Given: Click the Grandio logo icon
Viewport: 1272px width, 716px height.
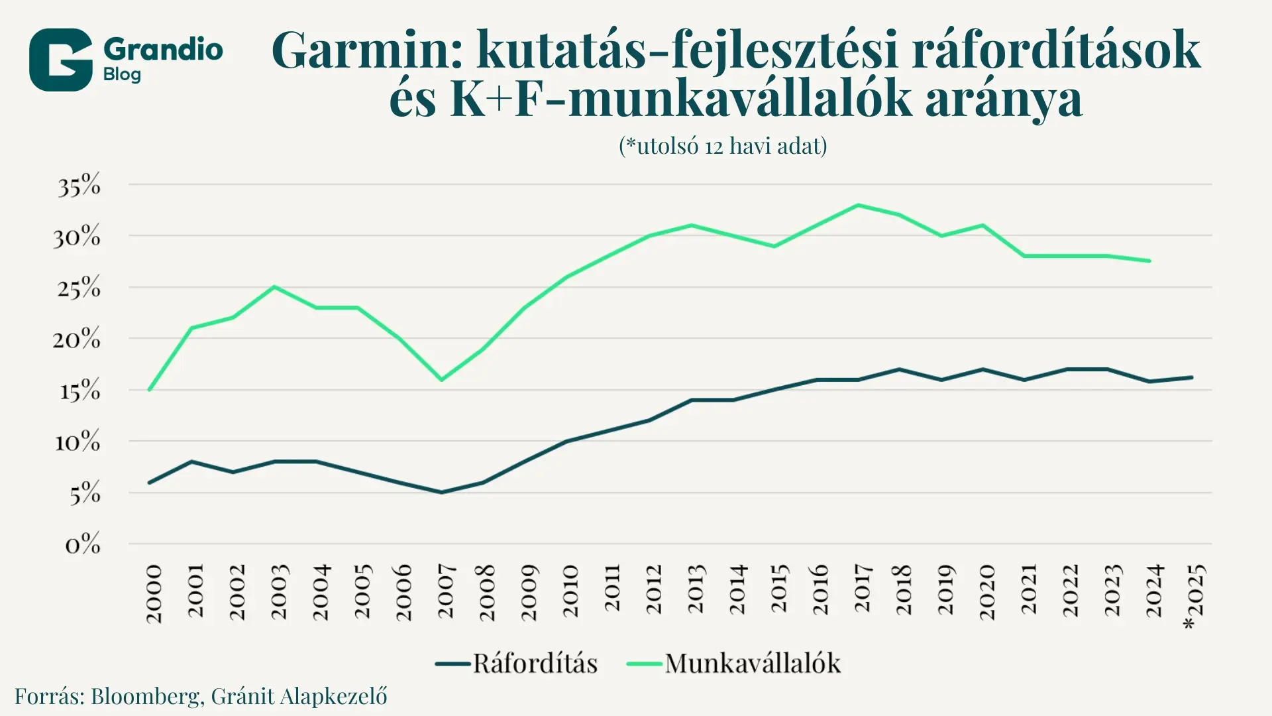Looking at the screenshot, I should click(x=60, y=60).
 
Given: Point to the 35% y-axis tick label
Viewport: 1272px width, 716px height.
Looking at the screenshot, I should click(x=79, y=186).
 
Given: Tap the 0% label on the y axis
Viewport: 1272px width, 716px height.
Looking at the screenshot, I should click(x=83, y=544).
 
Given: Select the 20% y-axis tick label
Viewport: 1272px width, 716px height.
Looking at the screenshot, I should click(x=77, y=339).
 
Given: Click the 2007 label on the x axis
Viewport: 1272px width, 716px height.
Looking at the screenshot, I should click(x=446, y=591).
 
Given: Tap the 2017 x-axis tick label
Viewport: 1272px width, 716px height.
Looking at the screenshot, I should click(x=862, y=588).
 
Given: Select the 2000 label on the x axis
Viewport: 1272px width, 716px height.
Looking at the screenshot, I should click(x=154, y=594).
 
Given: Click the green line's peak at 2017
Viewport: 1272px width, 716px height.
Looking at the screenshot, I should click(x=858, y=205).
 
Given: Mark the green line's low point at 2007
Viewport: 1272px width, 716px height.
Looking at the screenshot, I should click(x=441, y=380).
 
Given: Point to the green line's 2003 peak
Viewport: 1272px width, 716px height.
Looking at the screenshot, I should click(x=274, y=286).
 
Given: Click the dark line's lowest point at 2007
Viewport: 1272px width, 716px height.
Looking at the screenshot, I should click(x=441, y=492).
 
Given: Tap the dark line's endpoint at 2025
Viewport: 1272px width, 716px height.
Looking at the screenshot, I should click(x=1192, y=377).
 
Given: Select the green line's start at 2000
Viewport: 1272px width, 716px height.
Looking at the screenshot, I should click(x=150, y=389).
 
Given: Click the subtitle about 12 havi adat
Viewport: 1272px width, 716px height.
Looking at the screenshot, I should click(x=723, y=145).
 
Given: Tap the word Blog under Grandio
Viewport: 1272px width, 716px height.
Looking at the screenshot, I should click(x=122, y=74).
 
